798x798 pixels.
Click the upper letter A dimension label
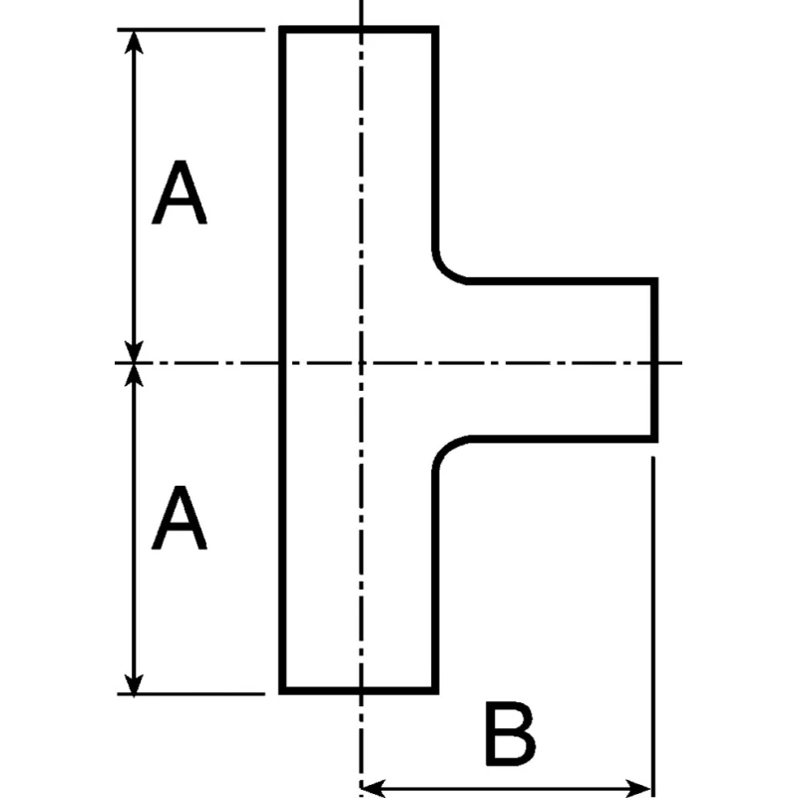180,193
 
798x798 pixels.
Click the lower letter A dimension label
180,517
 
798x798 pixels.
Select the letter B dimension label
510,733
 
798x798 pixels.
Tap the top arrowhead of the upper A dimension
134,42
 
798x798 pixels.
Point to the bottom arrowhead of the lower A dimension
134,682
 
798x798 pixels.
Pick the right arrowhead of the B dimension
638,788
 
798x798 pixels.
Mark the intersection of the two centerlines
361,363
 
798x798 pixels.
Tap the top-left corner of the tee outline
282,29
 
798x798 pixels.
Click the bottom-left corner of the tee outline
282,690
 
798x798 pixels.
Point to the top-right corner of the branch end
655,281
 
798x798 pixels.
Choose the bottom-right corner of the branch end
655,439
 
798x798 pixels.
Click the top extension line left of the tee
191,30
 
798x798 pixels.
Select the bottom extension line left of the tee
191,693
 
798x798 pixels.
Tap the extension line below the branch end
653,627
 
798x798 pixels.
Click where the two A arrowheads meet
134,363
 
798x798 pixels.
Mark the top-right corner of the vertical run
436,29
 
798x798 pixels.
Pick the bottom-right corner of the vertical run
436,690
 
